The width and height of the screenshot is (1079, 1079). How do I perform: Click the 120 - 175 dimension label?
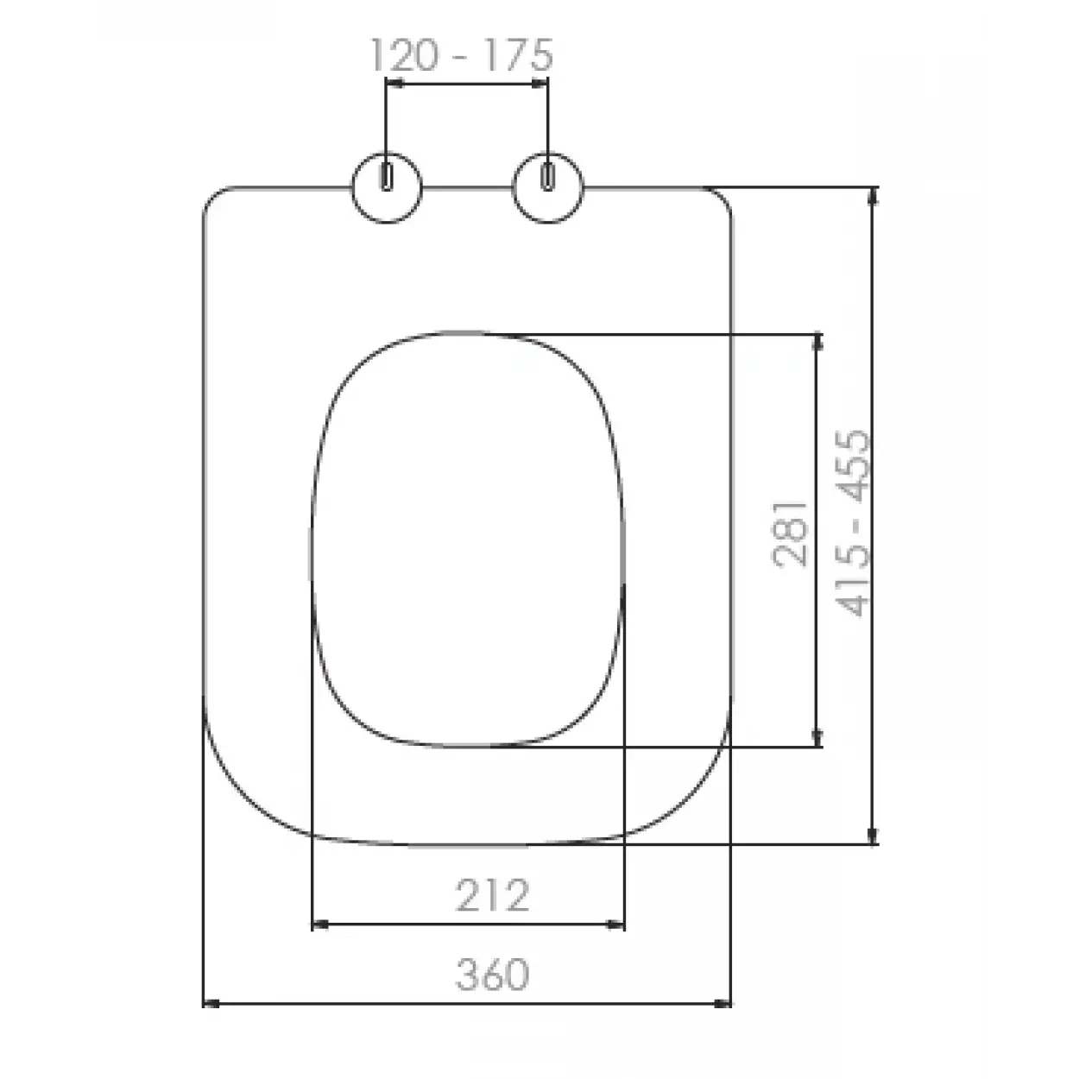[x=462, y=55]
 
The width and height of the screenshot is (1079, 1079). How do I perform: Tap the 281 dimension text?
[x=790, y=534]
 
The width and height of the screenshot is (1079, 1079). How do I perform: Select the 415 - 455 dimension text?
[x=852, y=523]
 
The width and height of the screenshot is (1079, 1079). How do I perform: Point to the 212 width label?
[x=492, y=895]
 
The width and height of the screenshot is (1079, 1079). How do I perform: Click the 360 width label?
[x=492, y=975]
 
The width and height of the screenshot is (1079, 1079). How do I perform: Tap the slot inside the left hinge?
[x=387, y=178]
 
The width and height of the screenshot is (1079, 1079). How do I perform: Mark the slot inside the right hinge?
[x=548, y=178]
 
